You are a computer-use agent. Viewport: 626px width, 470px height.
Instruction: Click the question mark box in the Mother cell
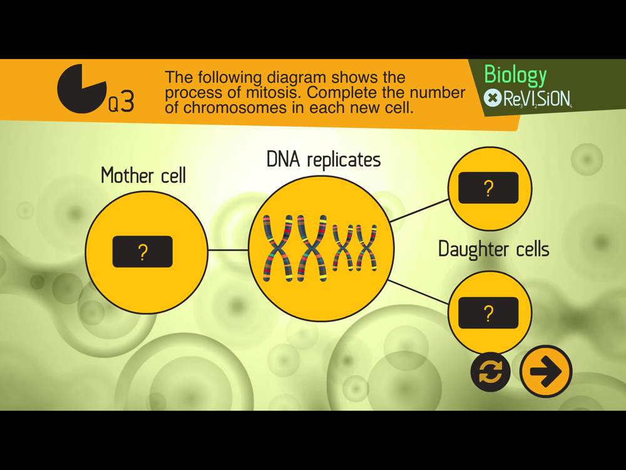(143, 252)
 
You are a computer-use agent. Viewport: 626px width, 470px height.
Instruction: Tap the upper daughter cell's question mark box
(488, 188)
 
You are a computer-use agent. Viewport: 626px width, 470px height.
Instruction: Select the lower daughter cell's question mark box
(488, 313)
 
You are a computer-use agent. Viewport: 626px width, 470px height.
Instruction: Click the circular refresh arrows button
(490, 372)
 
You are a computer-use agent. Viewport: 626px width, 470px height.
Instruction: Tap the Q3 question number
(121, 102)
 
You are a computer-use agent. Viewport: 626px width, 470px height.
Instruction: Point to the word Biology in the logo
(515, 75)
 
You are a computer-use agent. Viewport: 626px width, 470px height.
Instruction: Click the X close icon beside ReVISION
(493, 98)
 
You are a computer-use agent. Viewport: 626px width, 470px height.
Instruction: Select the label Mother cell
(143, 175)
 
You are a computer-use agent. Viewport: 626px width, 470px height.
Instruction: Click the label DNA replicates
(324, 159)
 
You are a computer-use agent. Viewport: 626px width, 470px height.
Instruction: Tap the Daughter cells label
(494, 249)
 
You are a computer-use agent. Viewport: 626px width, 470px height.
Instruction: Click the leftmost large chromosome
(277, 248)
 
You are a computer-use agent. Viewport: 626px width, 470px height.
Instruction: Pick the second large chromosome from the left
(312, 248)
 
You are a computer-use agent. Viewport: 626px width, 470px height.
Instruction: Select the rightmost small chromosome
(366, 248)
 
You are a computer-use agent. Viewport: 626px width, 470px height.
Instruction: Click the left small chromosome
(343, 248)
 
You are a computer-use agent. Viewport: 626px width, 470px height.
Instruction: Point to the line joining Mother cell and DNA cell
(228, 251)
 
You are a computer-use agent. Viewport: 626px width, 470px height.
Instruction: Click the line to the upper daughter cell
(419, 210)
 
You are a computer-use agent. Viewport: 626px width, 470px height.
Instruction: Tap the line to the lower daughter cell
(418, 292)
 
